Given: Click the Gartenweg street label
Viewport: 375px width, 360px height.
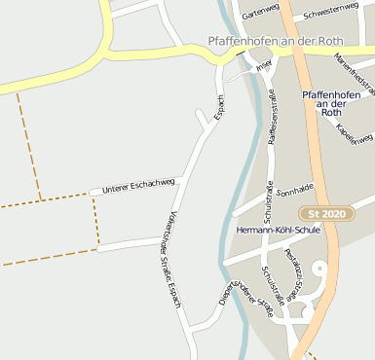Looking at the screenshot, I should click(x=260, y=13).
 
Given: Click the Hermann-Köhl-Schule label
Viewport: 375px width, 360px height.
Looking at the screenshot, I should click(x=278, y=230).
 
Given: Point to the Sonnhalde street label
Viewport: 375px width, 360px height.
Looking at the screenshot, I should click(x=294, y=190).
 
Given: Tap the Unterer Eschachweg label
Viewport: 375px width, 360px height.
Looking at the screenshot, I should click(x=138, y=183).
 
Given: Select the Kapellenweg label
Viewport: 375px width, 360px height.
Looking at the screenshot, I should click(x=354, y=133).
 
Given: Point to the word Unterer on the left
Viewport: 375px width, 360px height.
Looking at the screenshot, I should click(x=116, y=186).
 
